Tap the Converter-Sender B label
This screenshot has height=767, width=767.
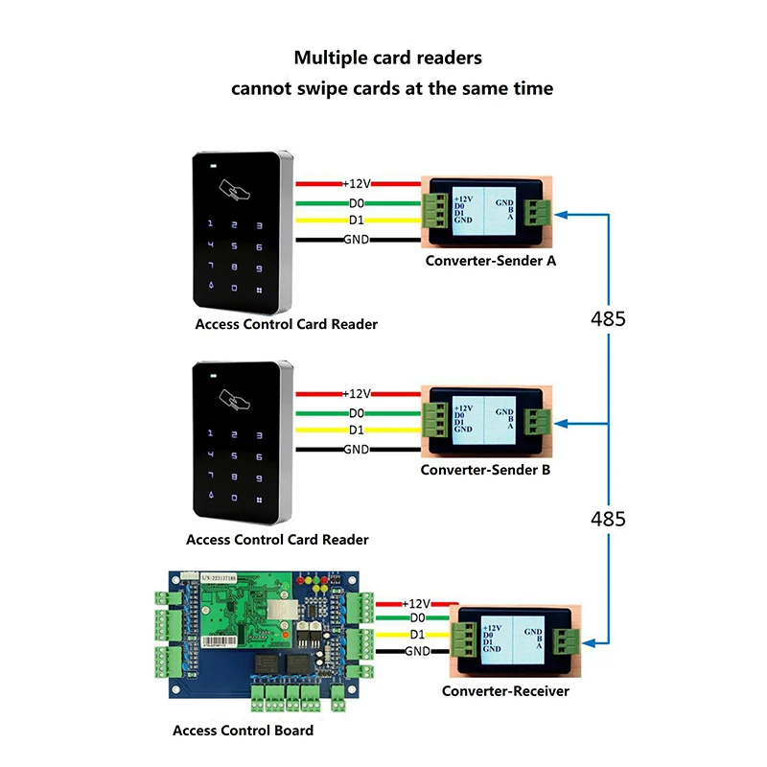pos(485,471)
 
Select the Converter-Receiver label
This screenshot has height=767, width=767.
pos(505,691)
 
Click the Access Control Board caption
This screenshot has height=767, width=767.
pos(243,731)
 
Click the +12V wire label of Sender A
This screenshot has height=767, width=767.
pos(357,182)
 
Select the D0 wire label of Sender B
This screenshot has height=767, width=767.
pos(356,412)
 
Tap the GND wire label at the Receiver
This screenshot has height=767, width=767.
pos(417,651)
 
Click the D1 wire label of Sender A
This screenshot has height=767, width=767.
pos(357,221)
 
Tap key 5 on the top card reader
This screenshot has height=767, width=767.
pos(231,244)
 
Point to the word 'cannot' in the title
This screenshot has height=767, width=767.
pos(264,88)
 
